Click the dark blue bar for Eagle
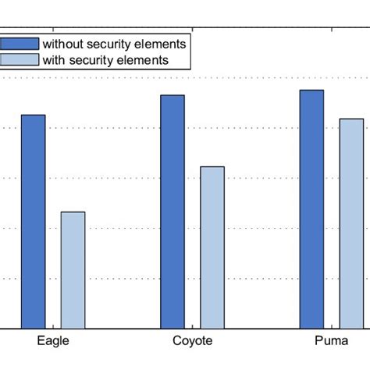pyautogui.click(x=34, y=222)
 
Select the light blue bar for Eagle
pyautogui.click(x=73, y=270)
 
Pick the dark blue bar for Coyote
pyautogui.click(x=173, y=212)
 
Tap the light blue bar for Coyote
pyautogui.click(x=212, y=247)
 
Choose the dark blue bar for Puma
pyautogui.click(x=312, y=209)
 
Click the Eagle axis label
pyautogui.click(x=53, y=341)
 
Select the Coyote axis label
pyautogui.click(x=192, y=341)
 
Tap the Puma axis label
pyautogui.click(x=332, y=341)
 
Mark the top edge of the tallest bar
pyautogui.click(x=312, y=91)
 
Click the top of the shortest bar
pyautogui.click(x=73, y=212)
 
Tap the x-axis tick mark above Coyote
pyautogui.click(x=192, y=326)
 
